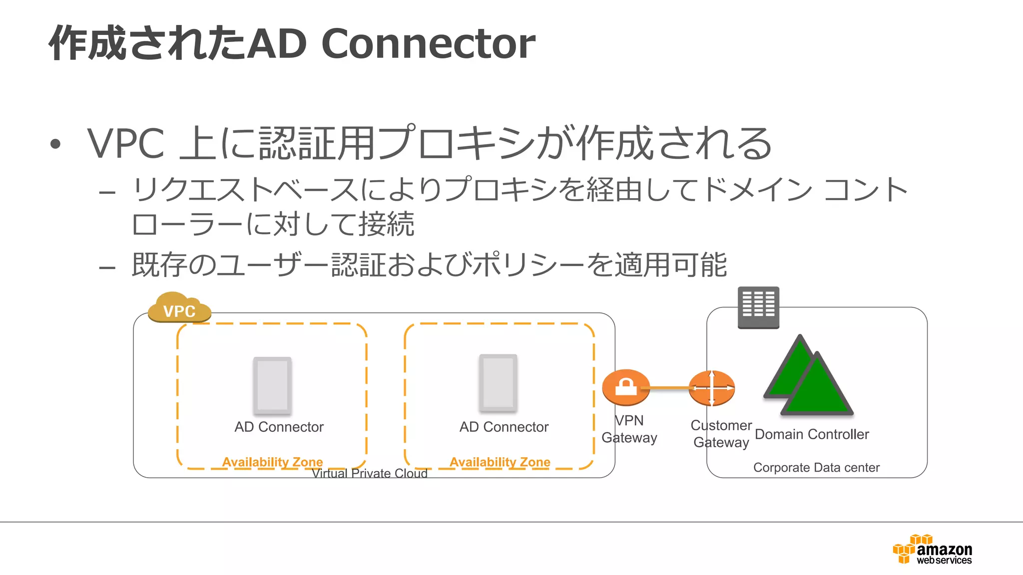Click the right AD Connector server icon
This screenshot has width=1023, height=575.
(x=498, y=383)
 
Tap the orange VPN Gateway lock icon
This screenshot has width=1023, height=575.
(x=626, y=387)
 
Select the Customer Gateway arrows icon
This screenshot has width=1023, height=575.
(x=712, y=388)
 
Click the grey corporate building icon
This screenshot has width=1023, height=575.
(x=758, y=307)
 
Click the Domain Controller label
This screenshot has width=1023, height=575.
(x=812, y=434)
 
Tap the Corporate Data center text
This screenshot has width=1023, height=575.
(x=816, y=468)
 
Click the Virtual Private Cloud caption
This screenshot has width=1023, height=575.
(x=370, y=473)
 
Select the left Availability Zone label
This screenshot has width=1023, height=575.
(x=272, y=462)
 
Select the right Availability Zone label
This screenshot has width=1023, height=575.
(x=500, y=462)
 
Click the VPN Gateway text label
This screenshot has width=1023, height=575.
(x=629, y=429)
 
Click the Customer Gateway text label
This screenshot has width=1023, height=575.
(x=721, y=434)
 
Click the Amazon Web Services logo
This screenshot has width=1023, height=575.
(x=933, y=550)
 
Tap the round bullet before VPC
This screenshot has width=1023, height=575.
(x=55, y=144)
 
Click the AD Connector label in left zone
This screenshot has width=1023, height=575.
(x=279, y=427)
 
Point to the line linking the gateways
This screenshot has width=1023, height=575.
(x=669, y=388)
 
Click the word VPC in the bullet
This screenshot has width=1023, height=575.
(x=126, y=144)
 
